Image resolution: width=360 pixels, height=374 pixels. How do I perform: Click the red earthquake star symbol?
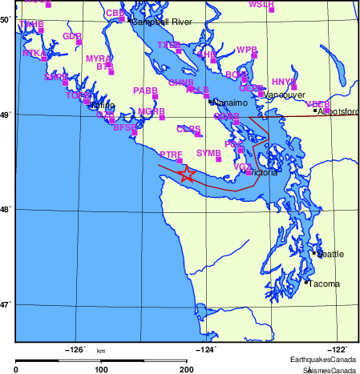point(186,175)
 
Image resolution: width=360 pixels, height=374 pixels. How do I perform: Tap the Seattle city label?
point(330,254)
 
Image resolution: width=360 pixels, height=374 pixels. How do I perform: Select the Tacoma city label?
point(324,284)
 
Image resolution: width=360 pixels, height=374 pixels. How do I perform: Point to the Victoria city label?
point(264,172)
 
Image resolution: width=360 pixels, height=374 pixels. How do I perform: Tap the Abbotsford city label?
point(338,111)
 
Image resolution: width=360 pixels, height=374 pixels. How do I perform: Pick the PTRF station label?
point(171,154)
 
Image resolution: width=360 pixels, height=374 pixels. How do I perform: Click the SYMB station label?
point(208,152)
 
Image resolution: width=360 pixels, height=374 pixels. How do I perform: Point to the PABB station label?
point(145,90)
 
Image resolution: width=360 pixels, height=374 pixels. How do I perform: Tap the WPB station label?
point(246,50)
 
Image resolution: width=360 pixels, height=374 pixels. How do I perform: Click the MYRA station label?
point(98,58)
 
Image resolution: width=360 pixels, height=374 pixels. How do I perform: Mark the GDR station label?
point(72,36)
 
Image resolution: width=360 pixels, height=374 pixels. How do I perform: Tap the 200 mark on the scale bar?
point(187,369)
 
